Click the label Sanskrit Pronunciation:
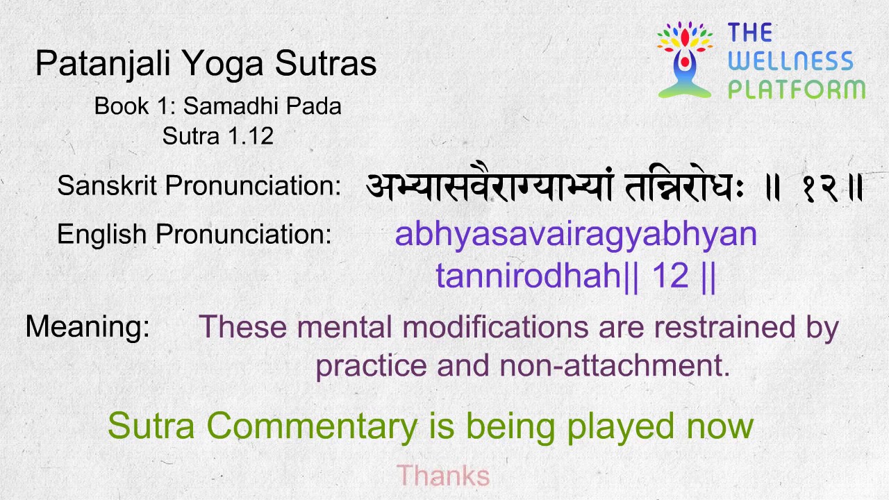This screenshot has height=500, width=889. click(x=199, y=185)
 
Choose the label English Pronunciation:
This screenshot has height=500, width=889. click(x=194, y=234)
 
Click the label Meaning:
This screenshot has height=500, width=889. click(x=88, y=326)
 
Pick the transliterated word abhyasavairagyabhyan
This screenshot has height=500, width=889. click(x=576, y=235)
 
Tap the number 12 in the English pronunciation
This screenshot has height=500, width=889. click(x=670, y=276)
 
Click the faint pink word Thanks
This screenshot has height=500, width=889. click(x=443, y=476)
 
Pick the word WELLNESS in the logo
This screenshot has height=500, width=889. click(x=790, y=61)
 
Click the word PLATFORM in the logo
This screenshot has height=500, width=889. click(x=797, y=90)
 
